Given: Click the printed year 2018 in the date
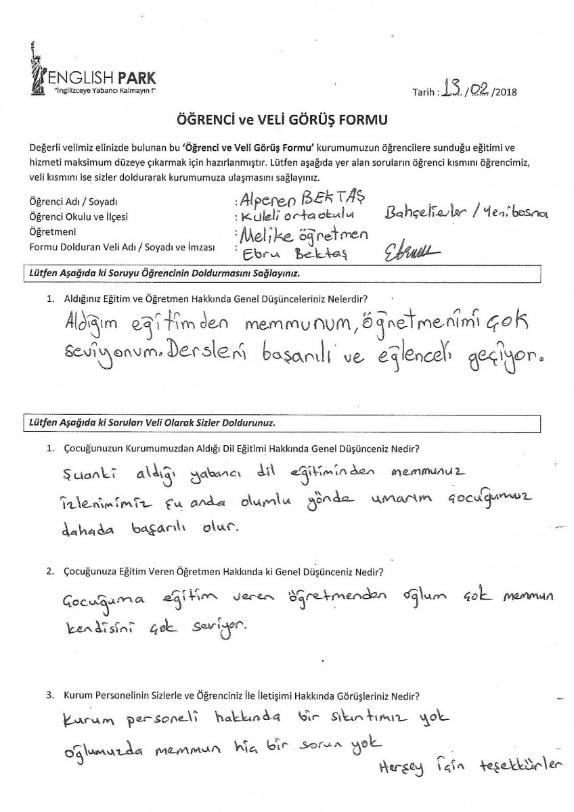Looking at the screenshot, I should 505,93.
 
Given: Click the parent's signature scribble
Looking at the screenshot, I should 410,252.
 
